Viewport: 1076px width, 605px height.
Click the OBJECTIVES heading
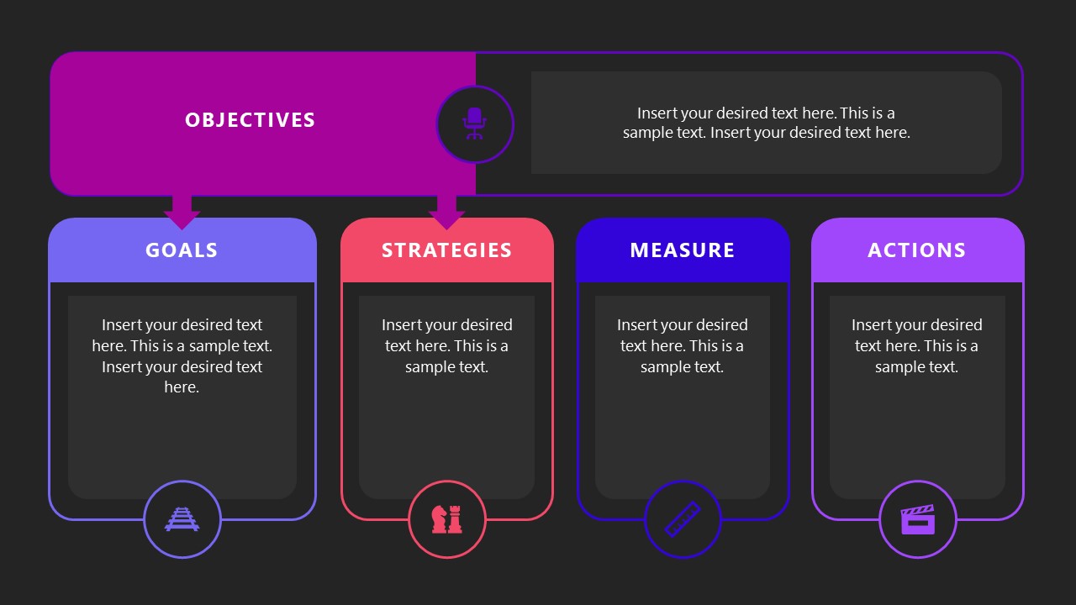[250, 120]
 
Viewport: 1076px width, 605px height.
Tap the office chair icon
[474, 124]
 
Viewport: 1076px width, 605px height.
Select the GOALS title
[182, 250]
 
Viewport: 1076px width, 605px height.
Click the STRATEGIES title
[446, 250]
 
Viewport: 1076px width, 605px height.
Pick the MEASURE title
[682, 250]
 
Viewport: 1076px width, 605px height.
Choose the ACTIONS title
[916, 250]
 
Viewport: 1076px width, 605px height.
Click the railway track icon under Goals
[182, 519]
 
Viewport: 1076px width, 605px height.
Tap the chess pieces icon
[446, 519]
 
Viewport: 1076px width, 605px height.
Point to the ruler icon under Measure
[683, 519]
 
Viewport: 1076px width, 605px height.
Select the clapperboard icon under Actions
[917, 519]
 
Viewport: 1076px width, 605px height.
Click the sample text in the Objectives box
[766, 123]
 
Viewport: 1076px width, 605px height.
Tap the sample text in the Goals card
[182, 355]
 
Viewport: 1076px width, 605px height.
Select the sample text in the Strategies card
[446, 345]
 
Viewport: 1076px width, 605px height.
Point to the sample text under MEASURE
[682, 345]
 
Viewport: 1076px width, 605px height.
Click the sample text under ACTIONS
[916, 345]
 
